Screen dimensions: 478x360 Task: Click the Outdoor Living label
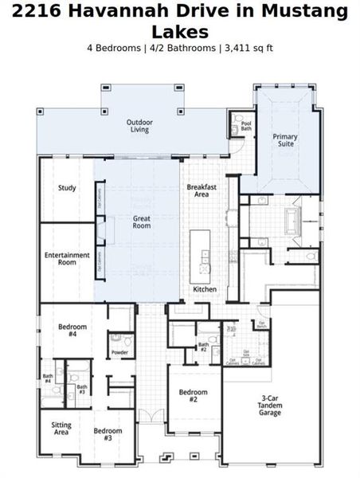pos(139,126)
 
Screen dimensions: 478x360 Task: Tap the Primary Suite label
pos(284,141)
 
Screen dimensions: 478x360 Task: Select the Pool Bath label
pos(245,126)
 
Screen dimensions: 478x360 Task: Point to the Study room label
pos(67,189)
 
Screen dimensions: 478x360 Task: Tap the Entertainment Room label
pos(66,258)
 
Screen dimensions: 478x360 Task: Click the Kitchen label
pos(205,289)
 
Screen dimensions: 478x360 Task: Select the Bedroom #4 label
pos(72,331)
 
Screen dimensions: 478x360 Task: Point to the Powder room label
pos(119,352)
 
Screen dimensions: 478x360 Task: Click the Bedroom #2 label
pos(193,396)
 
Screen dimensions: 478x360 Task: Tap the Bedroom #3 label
pos(108,434)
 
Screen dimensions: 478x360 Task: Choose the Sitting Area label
pos(61,429)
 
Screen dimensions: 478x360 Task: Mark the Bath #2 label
pos(204,347)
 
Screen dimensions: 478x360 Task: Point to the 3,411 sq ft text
pos(248,48)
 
